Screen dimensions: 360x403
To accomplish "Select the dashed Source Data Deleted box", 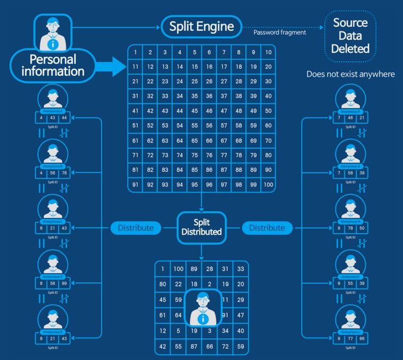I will click(350, 36).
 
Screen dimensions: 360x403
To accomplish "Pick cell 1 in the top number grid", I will click(136, 52).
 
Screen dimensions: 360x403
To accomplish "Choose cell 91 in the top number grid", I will click(136, 185).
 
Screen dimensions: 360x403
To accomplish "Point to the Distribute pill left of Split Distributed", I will click(136, 228).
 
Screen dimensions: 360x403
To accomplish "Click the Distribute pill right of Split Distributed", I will click(267, 228).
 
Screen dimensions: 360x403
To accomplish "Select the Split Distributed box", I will click(201, 228).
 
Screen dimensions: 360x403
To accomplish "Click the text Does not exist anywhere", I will click(350, 74).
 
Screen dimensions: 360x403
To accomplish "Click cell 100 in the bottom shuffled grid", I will click(179, 269).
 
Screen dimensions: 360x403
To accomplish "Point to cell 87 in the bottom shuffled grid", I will click(195, 347).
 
